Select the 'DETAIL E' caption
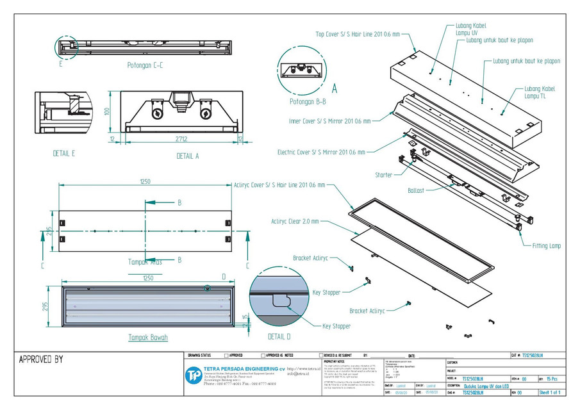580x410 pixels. (x=65, y=154)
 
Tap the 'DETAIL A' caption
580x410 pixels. (x=188, y=156)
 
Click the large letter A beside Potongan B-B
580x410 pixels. (x=334, y=90)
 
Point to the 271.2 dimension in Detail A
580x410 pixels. (x=180, y=137)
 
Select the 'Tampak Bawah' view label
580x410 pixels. (x=148, y=337)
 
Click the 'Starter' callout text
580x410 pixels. (x=385, y=174)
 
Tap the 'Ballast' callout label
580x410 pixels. (x=416, y=190)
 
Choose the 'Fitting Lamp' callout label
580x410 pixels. (x=546, y=245)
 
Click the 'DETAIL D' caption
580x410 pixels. (x=279, y=336)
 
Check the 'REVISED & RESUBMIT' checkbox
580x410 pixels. (x=321, y=355)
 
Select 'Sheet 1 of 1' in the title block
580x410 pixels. (x=550, y=392)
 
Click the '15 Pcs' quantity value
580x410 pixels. (x=553, y=379)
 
